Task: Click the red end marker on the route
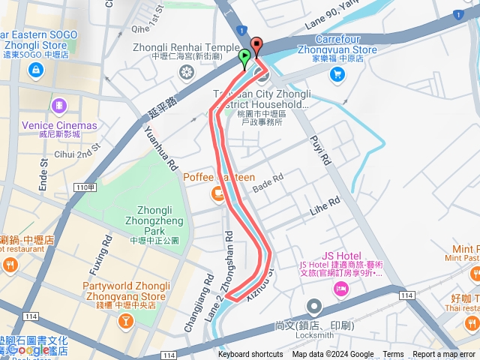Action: [256, 46]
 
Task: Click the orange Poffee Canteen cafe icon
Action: [218, 195]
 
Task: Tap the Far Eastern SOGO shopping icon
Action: [35, 70]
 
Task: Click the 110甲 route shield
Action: [85, 187]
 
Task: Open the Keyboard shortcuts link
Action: [250, 355]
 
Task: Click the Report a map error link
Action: [444, 355]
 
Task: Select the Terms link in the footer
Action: [393, 355]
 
